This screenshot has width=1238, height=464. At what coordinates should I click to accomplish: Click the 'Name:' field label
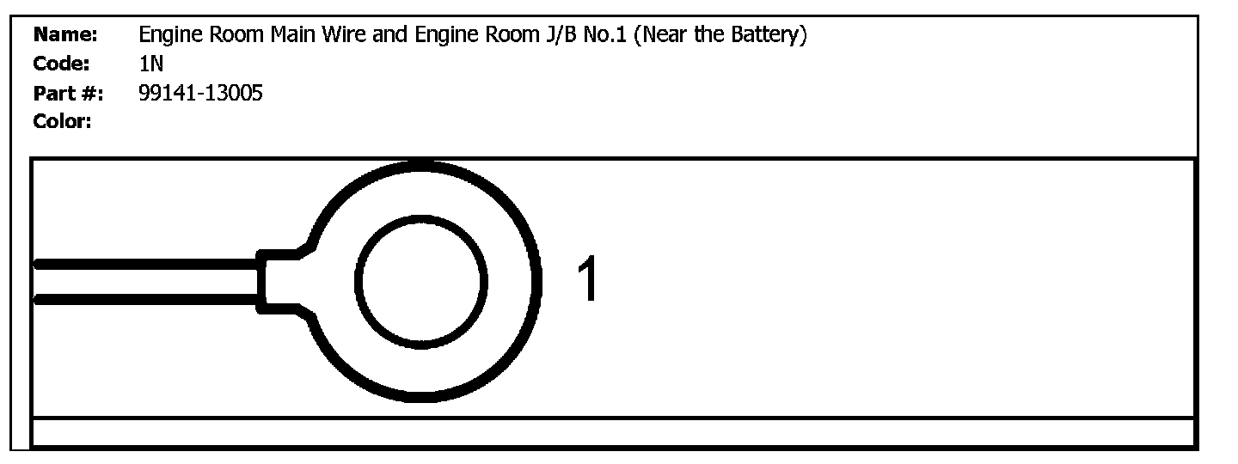click(64, 36)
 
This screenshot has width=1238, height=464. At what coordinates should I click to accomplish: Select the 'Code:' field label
click(62, 64)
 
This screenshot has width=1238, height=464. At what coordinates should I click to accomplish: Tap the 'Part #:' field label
click(68, 93)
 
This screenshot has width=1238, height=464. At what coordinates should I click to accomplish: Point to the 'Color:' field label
click(63, 121)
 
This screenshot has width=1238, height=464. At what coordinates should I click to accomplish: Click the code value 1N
click(150, 64)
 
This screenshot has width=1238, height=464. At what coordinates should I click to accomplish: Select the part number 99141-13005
click(200, 93)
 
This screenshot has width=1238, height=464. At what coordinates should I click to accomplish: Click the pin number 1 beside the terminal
click(589, 280)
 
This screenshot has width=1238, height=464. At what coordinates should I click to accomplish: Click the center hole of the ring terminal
click(421, 281)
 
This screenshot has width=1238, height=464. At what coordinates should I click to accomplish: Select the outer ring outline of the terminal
click(539, 281)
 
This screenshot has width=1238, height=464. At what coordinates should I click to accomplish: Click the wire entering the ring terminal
click(146, 282)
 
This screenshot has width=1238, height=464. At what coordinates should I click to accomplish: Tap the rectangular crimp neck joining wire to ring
click(277, 281)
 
